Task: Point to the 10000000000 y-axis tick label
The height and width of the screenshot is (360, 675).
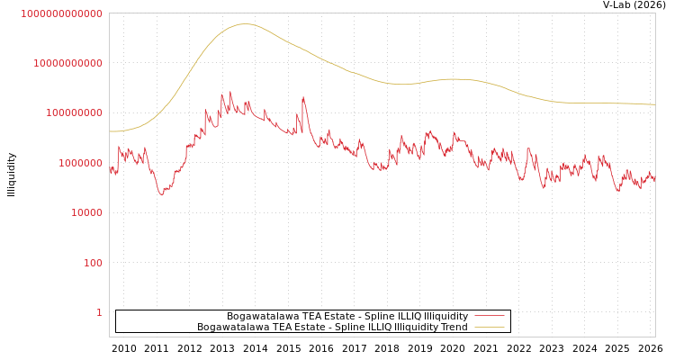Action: click(x=67, y=63)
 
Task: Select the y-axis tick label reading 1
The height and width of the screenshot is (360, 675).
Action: click(x=99, y=312)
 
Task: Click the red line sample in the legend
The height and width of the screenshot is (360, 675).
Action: click(x=489, y=316)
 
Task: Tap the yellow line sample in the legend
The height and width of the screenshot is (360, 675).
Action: click(x=489, y=328)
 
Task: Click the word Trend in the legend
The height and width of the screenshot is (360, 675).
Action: click(x=454, y=328)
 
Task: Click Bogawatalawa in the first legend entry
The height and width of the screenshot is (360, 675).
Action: click(x=256, y=316)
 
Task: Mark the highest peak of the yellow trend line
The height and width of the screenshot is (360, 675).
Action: click(x=244, y=24)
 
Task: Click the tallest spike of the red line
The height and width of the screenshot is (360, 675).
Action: click(x=230, y=92)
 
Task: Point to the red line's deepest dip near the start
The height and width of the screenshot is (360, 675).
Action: click(x=162, y=194)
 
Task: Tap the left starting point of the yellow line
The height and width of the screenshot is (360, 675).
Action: click(x=110, y=131)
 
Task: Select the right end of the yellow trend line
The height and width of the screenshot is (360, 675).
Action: click(x=654, y=104)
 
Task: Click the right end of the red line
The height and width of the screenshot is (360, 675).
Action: click(x=654, y=180)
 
